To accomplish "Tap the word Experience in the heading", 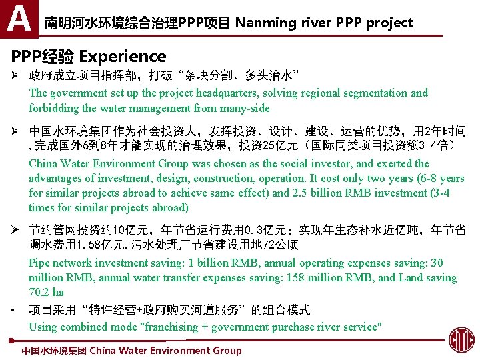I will (123, 57).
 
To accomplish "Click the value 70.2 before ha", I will (40, 293).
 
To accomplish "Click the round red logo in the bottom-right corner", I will (461, 340).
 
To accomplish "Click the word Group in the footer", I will (226, 351).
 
